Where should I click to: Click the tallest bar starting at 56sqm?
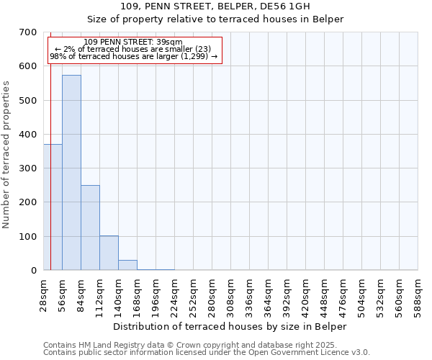(x=71, y=173)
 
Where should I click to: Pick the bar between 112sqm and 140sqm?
(x=109, y=253)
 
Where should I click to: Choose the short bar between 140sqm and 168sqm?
(x=127, y=265)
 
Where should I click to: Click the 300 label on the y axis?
(x=28, y=168)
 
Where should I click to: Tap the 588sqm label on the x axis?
(x=418, y=295)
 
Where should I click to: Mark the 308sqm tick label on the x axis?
(x=230, y=295)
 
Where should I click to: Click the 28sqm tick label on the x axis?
(x=43, y=295)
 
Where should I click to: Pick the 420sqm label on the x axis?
(x=305, y=295)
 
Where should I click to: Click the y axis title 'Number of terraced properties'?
(x=6, y=155)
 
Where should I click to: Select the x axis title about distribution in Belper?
(x=230, y=326)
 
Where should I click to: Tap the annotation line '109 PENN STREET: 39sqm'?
(x=133, y=42)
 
